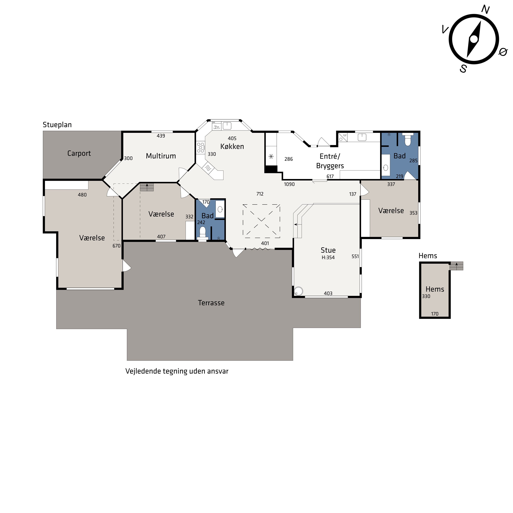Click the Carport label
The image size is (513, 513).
[x=79, y=154]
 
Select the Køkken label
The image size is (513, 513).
[x=232, y=146]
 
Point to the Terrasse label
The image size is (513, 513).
[x=211, y=303]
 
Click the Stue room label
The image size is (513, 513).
[x=328, y=250]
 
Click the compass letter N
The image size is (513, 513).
[x=486, y=10]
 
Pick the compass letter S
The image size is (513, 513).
[x=463, y=69]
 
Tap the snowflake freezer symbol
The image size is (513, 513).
[x=271, y=156]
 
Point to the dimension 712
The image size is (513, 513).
[x=260, y=194]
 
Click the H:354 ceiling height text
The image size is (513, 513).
[x=328, y=258]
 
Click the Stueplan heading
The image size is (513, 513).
[x=57, y=125]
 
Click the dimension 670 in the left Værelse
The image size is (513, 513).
[x=117, y=246]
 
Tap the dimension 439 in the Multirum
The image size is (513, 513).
[x=161, y=136]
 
